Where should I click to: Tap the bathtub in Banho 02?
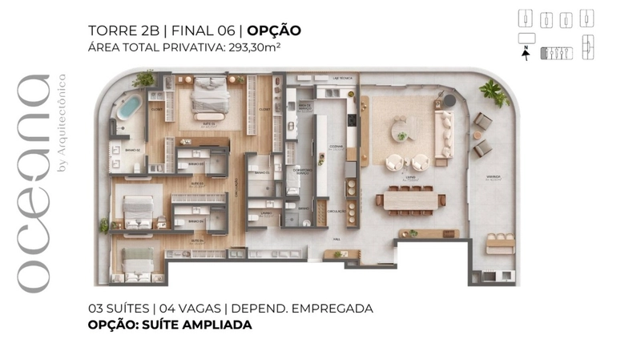tap(128, 108)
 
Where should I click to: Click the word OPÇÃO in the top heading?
tap(274, 31)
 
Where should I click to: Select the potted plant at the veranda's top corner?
tap(494, 92)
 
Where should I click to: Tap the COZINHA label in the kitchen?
tap(336, 148)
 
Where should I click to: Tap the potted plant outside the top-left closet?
tap(145, 79)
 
